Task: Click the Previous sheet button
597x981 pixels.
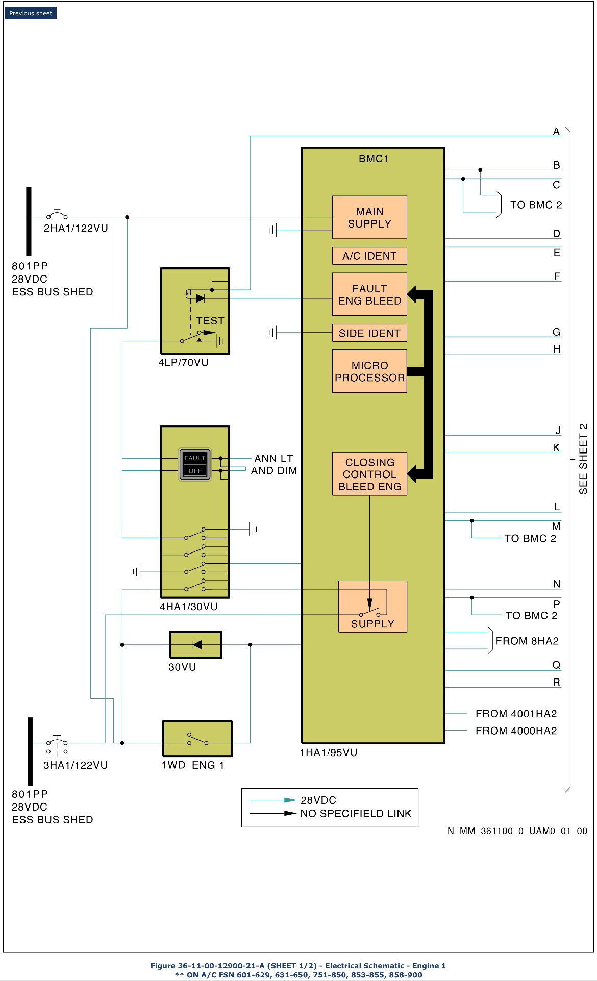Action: click(31, 13)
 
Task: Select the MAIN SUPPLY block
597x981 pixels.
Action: click(369, 217)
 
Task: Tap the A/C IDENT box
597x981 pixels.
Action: click(369, 256)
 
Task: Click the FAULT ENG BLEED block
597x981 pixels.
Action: click(369, 294)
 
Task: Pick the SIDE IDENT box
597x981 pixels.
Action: click(369, 333)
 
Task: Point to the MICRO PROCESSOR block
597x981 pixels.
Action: click(369, 371)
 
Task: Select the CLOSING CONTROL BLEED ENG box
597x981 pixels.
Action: click(369, 474)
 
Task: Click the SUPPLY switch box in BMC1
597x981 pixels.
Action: click(372, 607)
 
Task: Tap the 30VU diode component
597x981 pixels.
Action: click(196, 645)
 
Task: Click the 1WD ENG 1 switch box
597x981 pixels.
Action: click(197, 739)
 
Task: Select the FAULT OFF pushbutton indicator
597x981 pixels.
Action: click(194, 464)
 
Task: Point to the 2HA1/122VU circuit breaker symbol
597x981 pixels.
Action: click(57, 214)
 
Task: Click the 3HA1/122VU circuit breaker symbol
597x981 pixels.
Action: click(57, 743)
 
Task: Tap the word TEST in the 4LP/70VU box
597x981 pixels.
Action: click(210, 321)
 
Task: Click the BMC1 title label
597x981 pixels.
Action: click(374, 159)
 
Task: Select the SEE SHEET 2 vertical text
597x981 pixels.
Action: click(583, 459)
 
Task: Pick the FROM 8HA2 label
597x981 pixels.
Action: click(527, 641)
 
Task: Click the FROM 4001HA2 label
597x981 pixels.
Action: click(516, 714)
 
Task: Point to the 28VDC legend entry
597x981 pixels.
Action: click(318, 800)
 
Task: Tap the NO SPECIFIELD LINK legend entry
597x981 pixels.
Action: click(356, 814)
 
